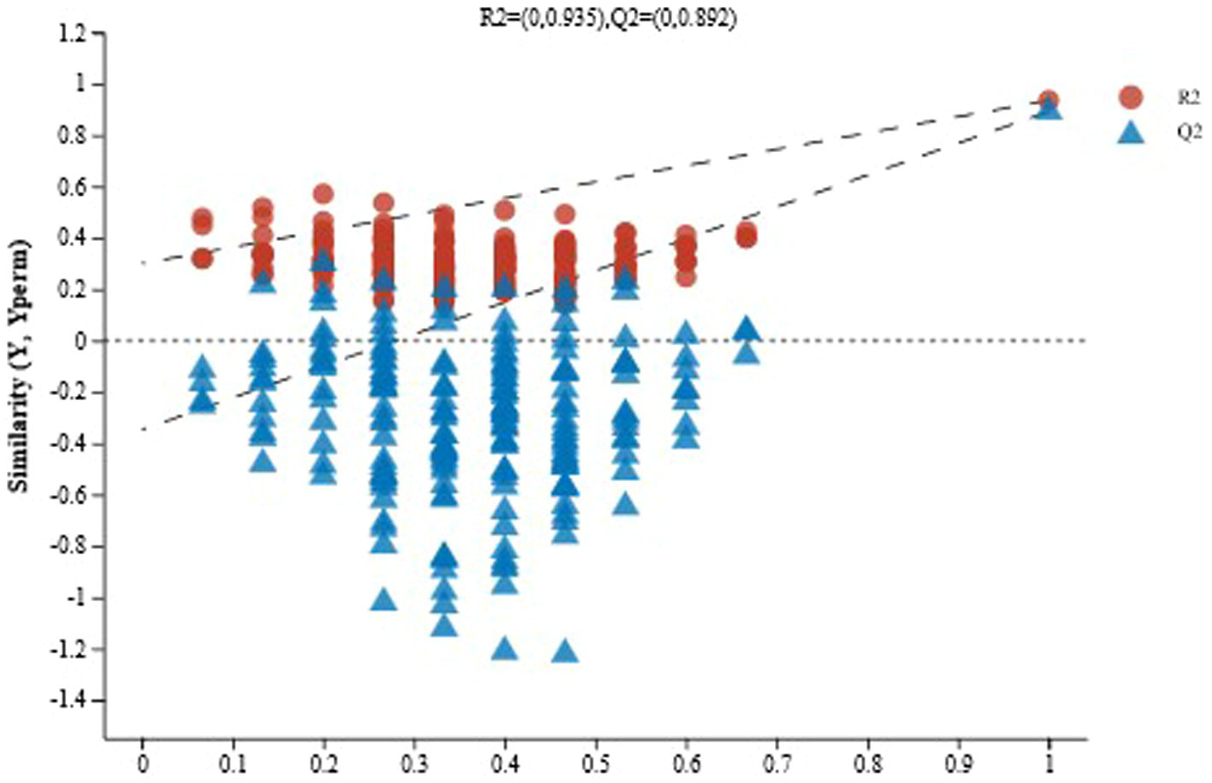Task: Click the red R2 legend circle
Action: coord(1130,98)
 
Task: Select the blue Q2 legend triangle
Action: coord(1130,132)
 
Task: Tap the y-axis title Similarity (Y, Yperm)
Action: coord(20,366)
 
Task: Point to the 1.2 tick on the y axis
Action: coord(73,34)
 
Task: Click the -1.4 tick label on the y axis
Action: coord(69,701)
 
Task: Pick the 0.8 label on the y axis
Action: coord(73,136)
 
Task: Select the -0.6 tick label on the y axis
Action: coord(69,495)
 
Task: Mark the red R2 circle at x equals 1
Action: coord(1049,100)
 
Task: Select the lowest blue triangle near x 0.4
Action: coord(505,649)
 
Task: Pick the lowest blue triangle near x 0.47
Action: coord(565,652)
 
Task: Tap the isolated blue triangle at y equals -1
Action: coord(384,600)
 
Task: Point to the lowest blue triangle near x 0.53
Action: coord(626,504)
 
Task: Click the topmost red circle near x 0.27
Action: coord(383,203)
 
